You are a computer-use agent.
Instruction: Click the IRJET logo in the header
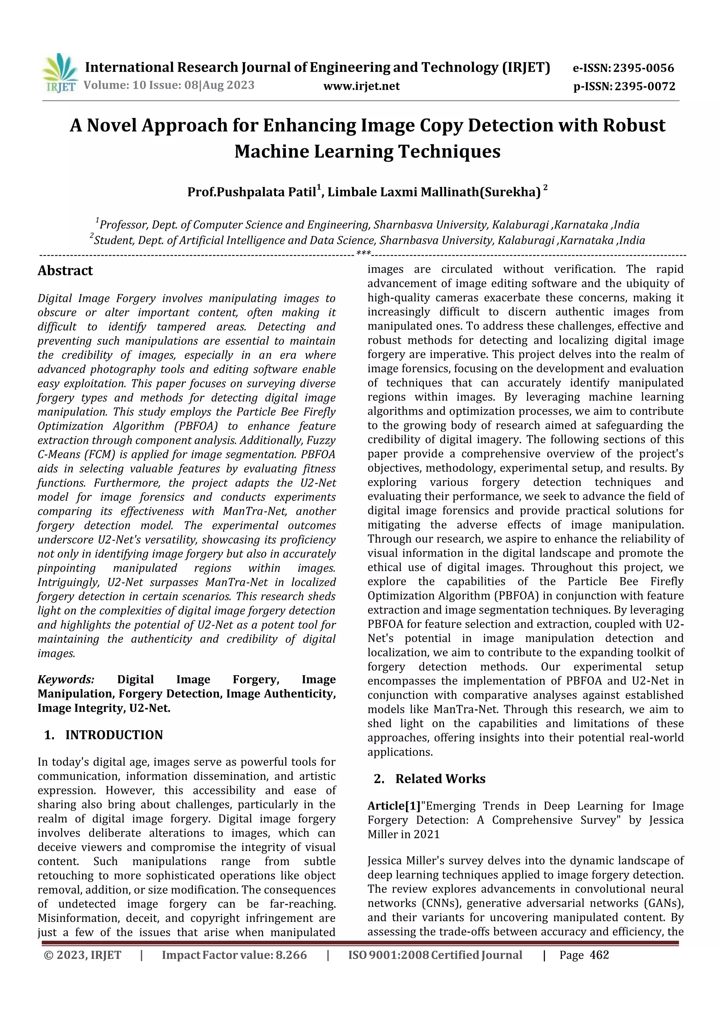click(59, 73)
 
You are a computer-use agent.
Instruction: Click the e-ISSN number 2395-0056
click(643, 68)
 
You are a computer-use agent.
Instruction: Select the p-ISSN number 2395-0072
click(645, 86)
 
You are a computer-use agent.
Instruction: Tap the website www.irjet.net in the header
click(361, 86)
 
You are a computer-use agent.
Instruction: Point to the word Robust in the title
click(634, 126)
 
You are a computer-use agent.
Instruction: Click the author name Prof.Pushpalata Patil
click(251, 192)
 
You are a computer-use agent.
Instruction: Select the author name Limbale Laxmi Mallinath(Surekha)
click(434, 192)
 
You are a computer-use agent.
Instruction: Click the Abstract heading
click(65, 270)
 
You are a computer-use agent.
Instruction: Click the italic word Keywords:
click(66, 679)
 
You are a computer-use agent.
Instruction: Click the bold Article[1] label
click(394, 806)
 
